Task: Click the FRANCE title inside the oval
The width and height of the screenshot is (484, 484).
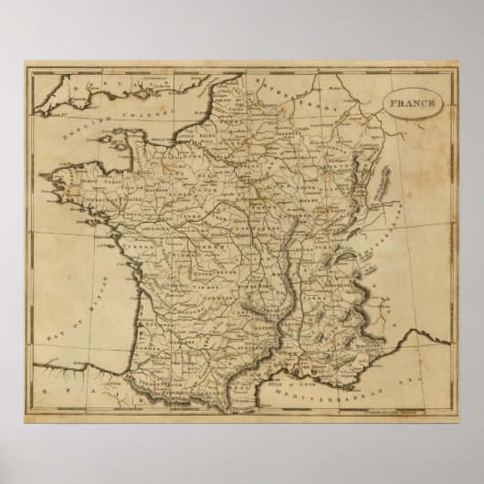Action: tap(416, 103)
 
